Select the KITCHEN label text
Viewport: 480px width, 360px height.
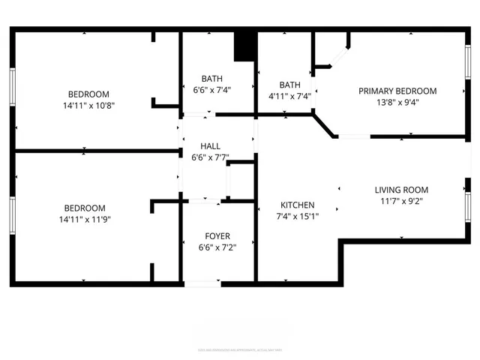[298, 205]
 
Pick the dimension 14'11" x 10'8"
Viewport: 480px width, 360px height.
[88, 105]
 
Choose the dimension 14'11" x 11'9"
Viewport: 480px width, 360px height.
[88, 219]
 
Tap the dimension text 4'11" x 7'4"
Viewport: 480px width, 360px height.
[289, 96]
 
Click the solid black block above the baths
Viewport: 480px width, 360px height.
[245, 46]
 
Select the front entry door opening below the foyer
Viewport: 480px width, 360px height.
[202, 283]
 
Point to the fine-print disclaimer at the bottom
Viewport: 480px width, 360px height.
[240, 349]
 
